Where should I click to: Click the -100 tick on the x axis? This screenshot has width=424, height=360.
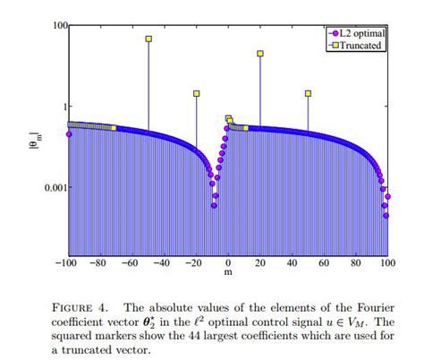(66, 264)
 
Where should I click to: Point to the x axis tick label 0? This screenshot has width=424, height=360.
(228, 264)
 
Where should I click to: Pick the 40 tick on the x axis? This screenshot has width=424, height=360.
(293, 264)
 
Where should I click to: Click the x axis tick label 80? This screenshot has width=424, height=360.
(356, 264)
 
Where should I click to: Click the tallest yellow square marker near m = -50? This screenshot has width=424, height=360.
(148, 39)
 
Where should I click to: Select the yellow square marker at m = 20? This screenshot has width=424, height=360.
(260, 54)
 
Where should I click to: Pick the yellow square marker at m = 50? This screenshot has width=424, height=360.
(309, 93)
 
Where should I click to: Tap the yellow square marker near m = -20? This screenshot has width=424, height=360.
(197, 93)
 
